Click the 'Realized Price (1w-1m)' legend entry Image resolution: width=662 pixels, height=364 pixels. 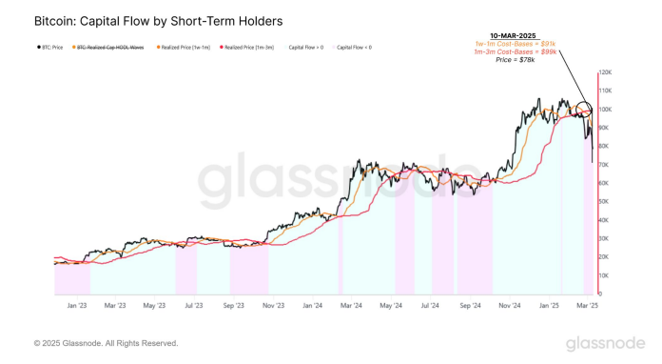(184, 46)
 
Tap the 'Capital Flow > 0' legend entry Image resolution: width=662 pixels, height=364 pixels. (306, 46)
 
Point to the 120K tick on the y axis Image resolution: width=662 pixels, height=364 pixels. (607, 72)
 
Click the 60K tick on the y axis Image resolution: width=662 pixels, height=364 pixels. (606, 183)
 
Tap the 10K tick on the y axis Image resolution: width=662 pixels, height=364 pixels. (606, 275)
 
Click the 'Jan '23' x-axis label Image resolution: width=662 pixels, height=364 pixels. (77, 306)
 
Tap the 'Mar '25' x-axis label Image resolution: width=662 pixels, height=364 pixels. (586, 306)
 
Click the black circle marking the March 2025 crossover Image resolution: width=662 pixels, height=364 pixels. (584, 111)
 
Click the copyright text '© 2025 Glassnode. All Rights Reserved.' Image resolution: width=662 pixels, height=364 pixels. (106, 343)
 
